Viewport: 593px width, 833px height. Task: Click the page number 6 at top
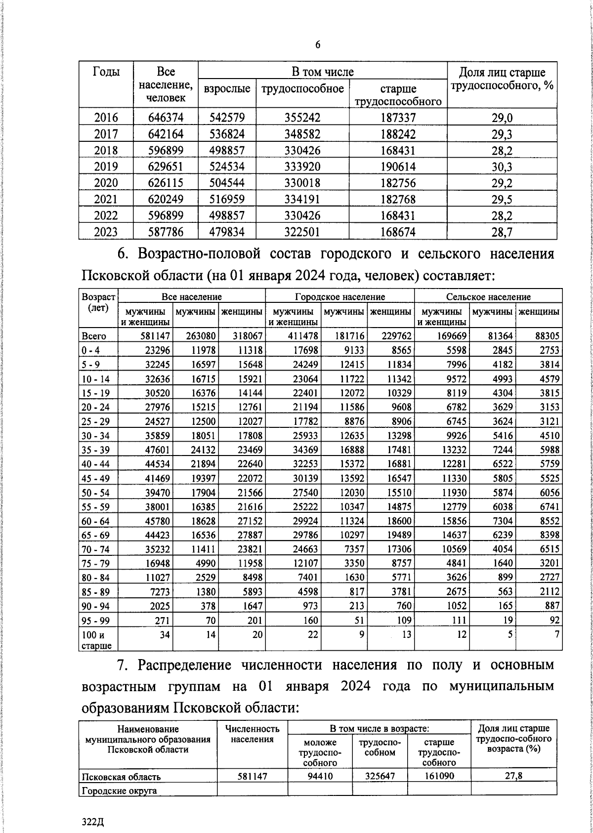318,45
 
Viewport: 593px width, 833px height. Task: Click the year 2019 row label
106,167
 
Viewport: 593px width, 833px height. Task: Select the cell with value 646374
166,118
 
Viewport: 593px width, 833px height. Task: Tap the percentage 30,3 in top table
502,167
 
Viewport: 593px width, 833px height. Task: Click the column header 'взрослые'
227,89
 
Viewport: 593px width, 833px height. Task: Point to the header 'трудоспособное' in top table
302,89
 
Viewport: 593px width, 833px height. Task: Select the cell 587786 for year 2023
166,232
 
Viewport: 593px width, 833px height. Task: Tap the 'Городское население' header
340,297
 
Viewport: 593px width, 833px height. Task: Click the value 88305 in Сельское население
547,336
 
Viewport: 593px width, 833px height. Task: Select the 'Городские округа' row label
119,791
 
